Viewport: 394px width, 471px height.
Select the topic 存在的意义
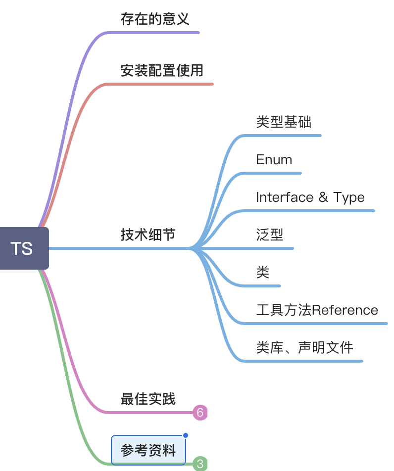pyautogui.click(x=155, y=19)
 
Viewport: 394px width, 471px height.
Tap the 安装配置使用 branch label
pyautogui.click(x=162, y=70)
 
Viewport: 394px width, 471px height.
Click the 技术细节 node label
pyautogui.click(x=148, y=235)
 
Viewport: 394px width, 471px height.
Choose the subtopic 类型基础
pyautogui.click(x=284, y=122)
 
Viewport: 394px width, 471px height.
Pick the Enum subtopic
pyautogui.click(x=274, y=160)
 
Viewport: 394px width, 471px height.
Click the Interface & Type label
pyautogui.click(x=310, y=197)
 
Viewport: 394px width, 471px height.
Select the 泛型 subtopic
pyautogui.click(x=270, y=235)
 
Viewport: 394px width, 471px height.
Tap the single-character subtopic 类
pyautogui.click(x=263, y=272)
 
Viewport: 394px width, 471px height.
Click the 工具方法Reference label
pyautogui.click(x=317, y=310)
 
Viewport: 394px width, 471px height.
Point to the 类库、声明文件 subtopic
pyautogui.click(x=304, y=347)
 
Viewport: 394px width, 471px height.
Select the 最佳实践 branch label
pyautogui.click(x=148, y=399)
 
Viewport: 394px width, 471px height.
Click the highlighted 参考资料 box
pyautogui.click(x=148, y=451)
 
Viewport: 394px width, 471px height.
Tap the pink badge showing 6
pyautogui.click(x=200, y=412)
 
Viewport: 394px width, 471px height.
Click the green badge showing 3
pyautogui.click(x=200, y=464)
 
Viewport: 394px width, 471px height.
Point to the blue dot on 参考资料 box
pyautogui.click(x=186, y=435)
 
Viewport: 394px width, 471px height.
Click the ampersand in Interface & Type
pyautogui.click(x=323, y=197)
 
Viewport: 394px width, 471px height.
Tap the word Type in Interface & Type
pyautogui.click(x=349, y=197)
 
